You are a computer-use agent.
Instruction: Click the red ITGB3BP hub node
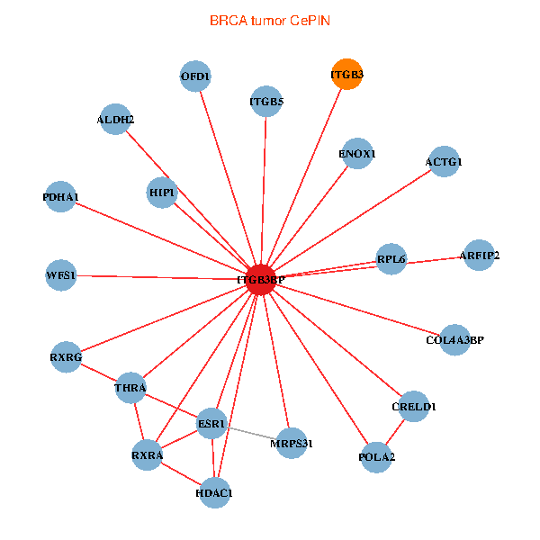tap(261, 280)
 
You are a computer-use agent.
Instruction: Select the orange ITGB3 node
tap(346, 74)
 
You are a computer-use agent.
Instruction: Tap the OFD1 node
tap(195, 76)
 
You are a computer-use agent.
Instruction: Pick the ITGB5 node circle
tap(266, 101)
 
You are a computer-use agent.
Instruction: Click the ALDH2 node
tap(115, 119)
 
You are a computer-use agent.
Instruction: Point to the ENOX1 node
tap(357, 153)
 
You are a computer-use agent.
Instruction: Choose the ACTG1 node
tap(444, 161)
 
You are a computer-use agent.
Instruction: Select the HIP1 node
tap(162, 193)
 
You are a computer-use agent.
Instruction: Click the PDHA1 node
tap(60, 196)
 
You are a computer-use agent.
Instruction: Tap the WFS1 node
tap(61, 275)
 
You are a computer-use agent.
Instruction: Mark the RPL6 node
tap(391, 259)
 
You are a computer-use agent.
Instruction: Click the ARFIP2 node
tap(479, 256)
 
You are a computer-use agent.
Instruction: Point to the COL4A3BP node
tap(454, 340)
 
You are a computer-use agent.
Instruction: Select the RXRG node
tap(66, 357)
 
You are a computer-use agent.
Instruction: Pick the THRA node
tap(130, 388)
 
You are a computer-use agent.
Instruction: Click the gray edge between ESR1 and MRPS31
tap(252, 434)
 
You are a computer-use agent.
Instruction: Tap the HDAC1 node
tap(214, 493)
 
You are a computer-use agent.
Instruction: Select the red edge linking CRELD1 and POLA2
tap(395, 432)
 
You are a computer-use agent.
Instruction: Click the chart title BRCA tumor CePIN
tap(270, 21)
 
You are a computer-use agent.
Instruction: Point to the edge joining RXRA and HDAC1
tap(181, 474)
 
